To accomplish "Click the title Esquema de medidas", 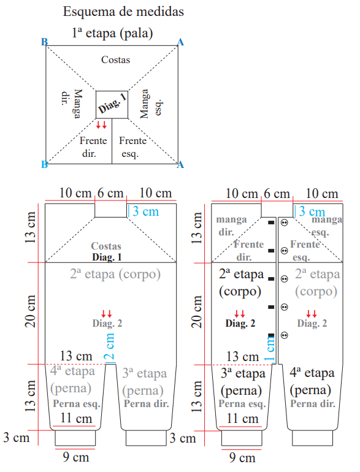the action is pyautogui.click(x=123, y=12).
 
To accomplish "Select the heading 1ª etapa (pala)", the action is pyautogui.click(x=112, y=33).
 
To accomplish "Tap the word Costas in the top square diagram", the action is pyautogui.click(x=116, y=59).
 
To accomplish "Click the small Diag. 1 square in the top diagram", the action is pyautogui.click(x=112, y=104).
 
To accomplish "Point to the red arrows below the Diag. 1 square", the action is pyautogui.click(x=101, y=124).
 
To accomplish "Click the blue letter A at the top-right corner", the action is pyautogui.click(x=180, y=42).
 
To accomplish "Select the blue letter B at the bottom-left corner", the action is pyautogui.click(x=44, y=164).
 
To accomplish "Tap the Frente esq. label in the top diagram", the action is pyautogui.click(x=132, y=147).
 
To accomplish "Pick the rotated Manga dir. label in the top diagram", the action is pyautogui.click(x=72, y=104).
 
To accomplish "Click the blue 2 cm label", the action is pyautogui.click(x=109, y=346).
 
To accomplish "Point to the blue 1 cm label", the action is pyautogui.click(x=270, y=348).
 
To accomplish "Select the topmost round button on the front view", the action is pyautogui.click(x=284, y=223).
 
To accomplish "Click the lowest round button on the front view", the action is pyautogui.click(x=284, y=335).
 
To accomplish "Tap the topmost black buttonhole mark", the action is pyautogui.click(x=272, y=223).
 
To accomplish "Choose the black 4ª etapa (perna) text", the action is pyautogui.click(x=312, y=381).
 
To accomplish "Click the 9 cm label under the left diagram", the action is pyautogui.click(x=76, y=457).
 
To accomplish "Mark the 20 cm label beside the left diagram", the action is pyautogui.click(x=31, y=311).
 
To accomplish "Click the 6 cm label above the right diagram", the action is pyautogui.click(x=277, y=194).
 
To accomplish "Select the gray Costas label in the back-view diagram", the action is pyautogui.click(x=106, y=246).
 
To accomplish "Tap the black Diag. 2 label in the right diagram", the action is pyautogui.click(x=240, y=323).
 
